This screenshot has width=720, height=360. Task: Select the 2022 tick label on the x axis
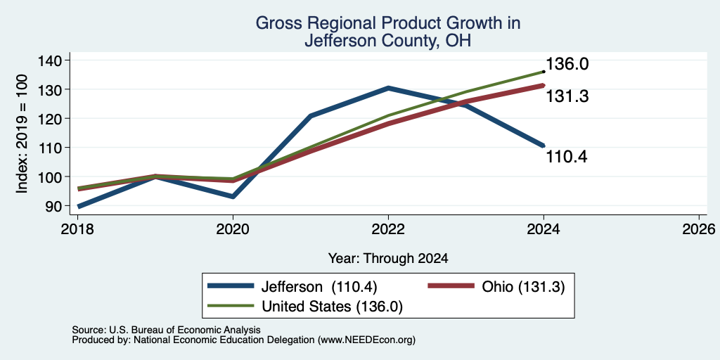click(388, 229)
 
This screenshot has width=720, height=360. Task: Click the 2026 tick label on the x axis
click(699, 229)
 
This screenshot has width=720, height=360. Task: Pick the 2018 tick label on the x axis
click(79, 229)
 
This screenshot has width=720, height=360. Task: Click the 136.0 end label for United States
click(567, 64)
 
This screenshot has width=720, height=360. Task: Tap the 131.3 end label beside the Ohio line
click(567, 96)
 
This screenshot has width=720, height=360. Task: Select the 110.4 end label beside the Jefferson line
click(567, 157)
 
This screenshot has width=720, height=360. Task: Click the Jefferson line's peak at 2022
click(388, 88)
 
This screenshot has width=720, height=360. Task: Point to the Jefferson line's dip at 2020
click(233, 197)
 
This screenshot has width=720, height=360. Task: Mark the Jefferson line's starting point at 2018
click(79, 207)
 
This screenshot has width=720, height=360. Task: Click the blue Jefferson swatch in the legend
click(231, 286)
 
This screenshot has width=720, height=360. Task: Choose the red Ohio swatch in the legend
click(451, 286)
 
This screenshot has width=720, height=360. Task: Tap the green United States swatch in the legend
click(231, 305)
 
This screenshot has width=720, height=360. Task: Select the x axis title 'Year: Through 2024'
click(388, 259)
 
